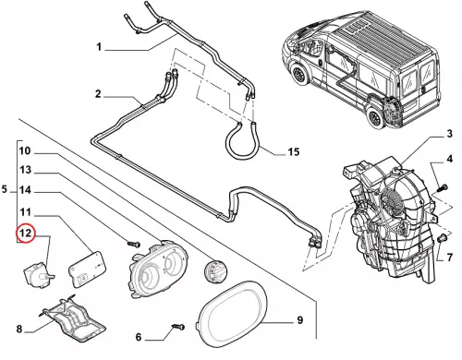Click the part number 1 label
pyautogui.click(x=99, y=47)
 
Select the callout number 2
pyautogui.click(x=98, y=93)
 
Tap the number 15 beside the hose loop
pyautogui.click(x=294, y=151)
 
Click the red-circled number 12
pyautogui.click(x=26, y=233)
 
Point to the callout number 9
pyautogui.click(x=300, y=320)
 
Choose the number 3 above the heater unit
pyautogui.click(x=449, y=134)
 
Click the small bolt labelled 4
pyautogui.click(x=443, y=186)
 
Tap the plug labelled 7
pyautogui.click(x=443, y=238)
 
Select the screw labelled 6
pyautogui.click(x=178, y=327)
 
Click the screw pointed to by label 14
pyautogui.click(x=134, y=245)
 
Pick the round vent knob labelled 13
pyautogui.click(x=215, y=270)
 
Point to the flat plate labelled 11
pyautogui.click(x=87, y=269)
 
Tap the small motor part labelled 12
pyautogui.click(x=39, y=274)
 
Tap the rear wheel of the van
pyautogui.click(x=374, y=117)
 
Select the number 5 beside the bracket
pyautogui.click(x=5, y=189)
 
